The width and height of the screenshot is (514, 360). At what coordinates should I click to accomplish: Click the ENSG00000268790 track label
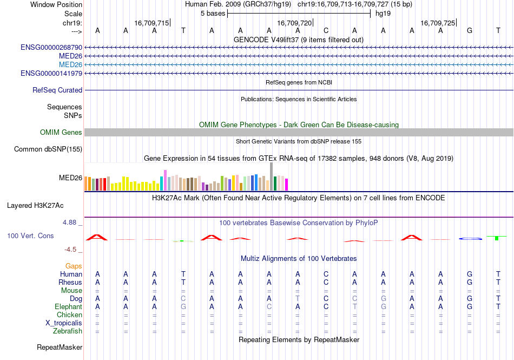[51, 48]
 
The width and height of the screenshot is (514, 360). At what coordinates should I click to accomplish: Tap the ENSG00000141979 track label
[51, 73]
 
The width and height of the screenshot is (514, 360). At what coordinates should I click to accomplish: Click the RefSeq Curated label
[57, 90]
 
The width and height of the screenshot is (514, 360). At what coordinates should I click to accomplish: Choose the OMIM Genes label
[61, 133]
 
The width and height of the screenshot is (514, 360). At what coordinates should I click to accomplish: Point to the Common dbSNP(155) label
[48, 149]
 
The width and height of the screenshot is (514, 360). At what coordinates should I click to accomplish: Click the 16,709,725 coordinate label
[438, 23]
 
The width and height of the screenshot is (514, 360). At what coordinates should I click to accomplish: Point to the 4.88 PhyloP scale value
[71, 222]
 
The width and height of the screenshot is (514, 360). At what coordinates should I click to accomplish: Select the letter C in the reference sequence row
[326, 31]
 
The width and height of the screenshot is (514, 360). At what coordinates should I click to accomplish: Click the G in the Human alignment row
[470, 274]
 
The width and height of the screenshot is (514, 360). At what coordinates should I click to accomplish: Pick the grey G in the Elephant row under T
[183, 306]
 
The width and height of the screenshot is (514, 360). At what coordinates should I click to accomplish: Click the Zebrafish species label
[68, 331]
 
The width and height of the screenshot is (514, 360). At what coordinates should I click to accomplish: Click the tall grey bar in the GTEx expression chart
[271, 176]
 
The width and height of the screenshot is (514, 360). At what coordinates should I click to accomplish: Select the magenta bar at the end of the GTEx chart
[287, 184]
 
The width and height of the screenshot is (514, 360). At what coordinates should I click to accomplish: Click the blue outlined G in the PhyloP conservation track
[470, 238]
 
